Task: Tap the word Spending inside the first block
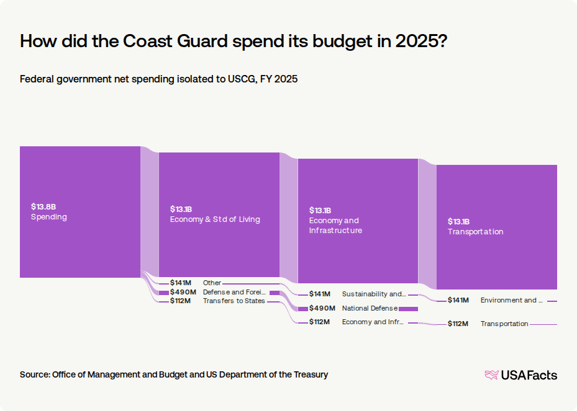49,217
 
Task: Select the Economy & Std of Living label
215,219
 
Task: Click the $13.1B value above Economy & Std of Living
181,210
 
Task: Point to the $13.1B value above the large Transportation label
458,221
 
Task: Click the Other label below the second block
212,283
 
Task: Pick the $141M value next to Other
180,283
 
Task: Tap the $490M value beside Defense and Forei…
183,292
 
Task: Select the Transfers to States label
234,301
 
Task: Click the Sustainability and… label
374,294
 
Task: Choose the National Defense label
370,308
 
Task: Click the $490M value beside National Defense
322,308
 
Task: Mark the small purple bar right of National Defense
409,309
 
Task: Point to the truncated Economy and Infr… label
373,322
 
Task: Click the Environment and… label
512,300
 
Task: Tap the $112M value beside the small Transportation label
458,324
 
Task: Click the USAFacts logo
521,375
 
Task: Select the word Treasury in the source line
311,374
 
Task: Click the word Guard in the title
202,41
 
